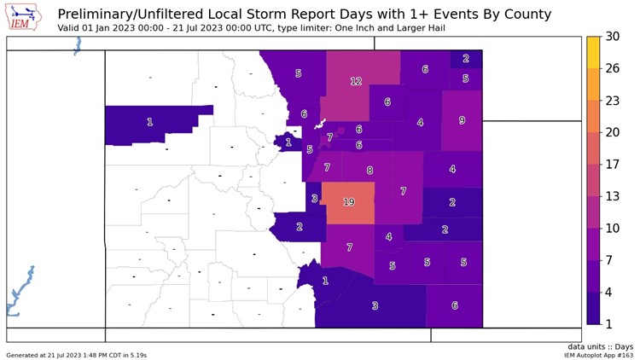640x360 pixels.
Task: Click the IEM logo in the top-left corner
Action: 23,17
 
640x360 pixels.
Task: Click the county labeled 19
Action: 348,202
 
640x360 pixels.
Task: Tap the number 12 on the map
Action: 356,82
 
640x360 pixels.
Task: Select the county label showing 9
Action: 462,120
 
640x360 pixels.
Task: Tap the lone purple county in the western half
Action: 150,123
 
